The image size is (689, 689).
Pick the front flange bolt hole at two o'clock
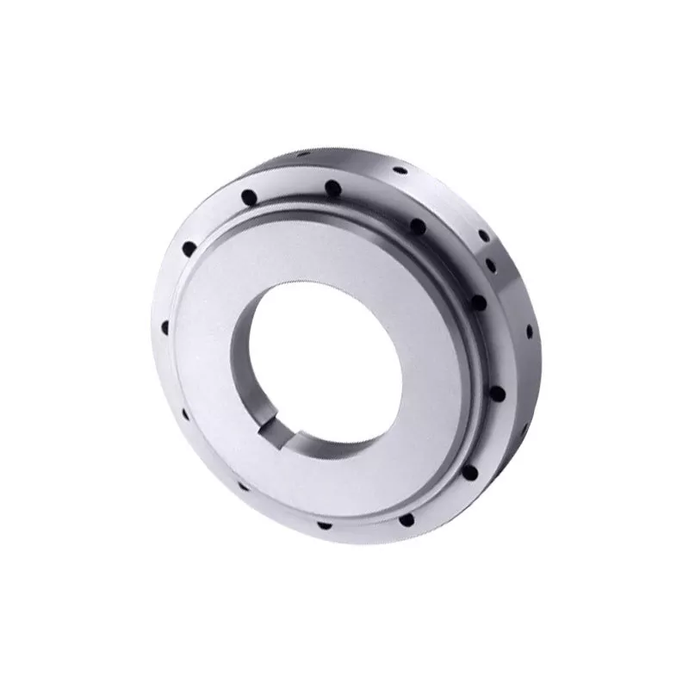click(x=475, y=301)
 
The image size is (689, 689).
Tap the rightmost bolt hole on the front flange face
click(x=497, y=393)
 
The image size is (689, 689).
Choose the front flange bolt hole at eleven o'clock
click(x=249, y=197)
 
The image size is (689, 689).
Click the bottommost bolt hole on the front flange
click(x=324, y=524)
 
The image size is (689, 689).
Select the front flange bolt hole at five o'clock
click(x=406, y=520)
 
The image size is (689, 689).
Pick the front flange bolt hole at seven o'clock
click(x=244, y=486)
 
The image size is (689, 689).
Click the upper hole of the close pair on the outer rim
click(x=484, y=235)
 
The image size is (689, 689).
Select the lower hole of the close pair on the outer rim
click(x=490, y=264)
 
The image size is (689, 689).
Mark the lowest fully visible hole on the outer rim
click(x=529, y=332)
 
